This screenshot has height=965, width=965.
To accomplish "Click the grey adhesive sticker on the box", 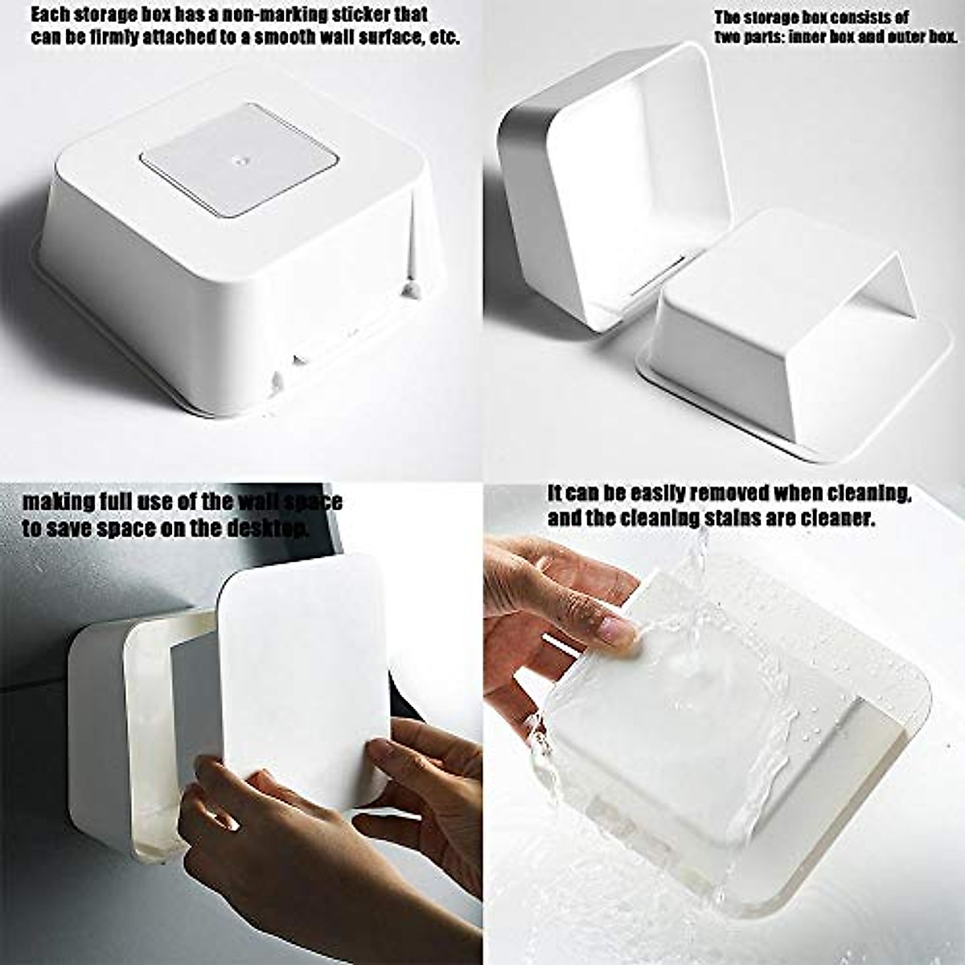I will (238, 161).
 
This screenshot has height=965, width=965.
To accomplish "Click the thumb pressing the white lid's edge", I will (384, 756).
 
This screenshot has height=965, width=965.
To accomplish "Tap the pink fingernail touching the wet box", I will (617, 631).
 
